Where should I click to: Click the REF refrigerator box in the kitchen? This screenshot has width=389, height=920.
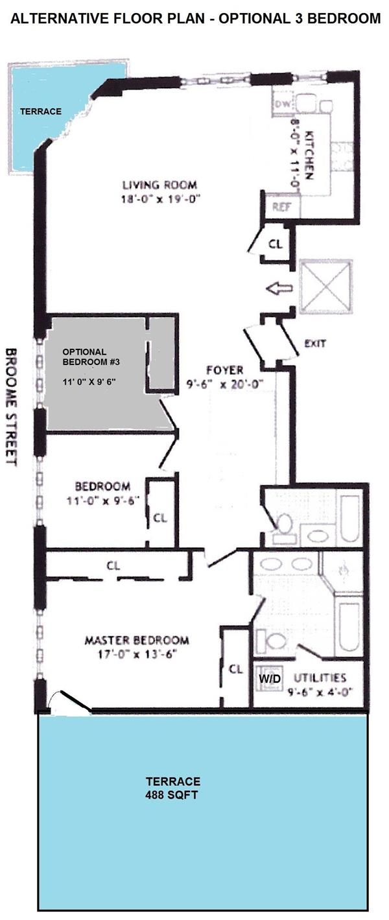(280, 209)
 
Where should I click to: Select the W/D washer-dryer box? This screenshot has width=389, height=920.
(266, 678)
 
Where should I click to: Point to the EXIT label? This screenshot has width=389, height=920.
(315, 343)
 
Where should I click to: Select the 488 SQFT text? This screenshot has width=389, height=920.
(172, 793)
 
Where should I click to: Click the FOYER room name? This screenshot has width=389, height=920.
(224, 370)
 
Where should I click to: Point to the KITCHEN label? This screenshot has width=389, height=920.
(309, 156)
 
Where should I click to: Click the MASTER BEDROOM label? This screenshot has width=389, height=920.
(137, 641)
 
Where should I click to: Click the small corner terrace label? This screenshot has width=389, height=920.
(40, 112)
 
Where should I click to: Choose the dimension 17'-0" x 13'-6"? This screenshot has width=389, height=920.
(137, 654)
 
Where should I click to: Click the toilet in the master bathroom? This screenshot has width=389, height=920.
(276, 642)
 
